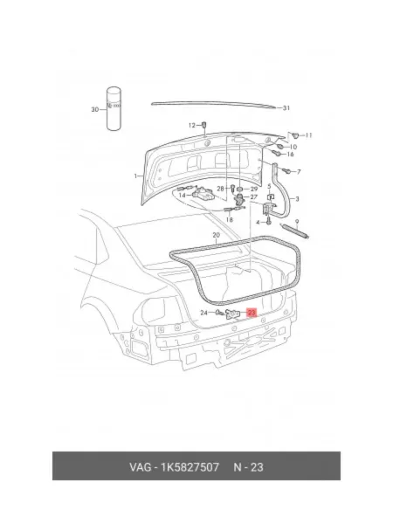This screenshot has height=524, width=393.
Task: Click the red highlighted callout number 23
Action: [x=252, y=313]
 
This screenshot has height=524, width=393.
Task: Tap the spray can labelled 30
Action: [x=114, y=109]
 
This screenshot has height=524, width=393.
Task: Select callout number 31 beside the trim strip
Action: [x=286, y=108]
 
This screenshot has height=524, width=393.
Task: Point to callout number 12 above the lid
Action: [x=192, y=125]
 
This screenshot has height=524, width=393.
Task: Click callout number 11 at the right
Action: [x=308, y=135]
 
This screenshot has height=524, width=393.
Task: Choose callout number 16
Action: [x=290, y=154]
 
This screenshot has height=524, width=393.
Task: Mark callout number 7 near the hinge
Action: [x=299, y=172]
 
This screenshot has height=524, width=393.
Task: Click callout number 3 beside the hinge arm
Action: [x=297, y=199]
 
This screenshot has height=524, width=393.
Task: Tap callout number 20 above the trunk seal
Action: [x=217, y=235]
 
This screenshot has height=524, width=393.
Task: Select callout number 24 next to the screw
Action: [x=203, y=313]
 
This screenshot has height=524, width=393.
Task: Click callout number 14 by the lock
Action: [x=183, y=195]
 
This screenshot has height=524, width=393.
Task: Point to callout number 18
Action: [x=229, y=219]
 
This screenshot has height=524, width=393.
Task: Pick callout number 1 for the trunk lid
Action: [x=135, y=176]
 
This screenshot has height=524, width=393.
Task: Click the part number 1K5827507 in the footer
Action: [x=190, y=467]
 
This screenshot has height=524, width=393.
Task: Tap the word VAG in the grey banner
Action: [x=141, y=467]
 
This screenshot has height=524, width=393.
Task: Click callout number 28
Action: [x=220, y=189]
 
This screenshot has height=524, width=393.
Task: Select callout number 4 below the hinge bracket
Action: [x=258, y=222]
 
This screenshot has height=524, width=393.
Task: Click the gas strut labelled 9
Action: [x=296, y=231]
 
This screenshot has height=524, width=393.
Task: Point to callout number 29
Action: [x=254, y=189]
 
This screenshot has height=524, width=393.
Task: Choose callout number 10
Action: [x=293, y=147]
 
